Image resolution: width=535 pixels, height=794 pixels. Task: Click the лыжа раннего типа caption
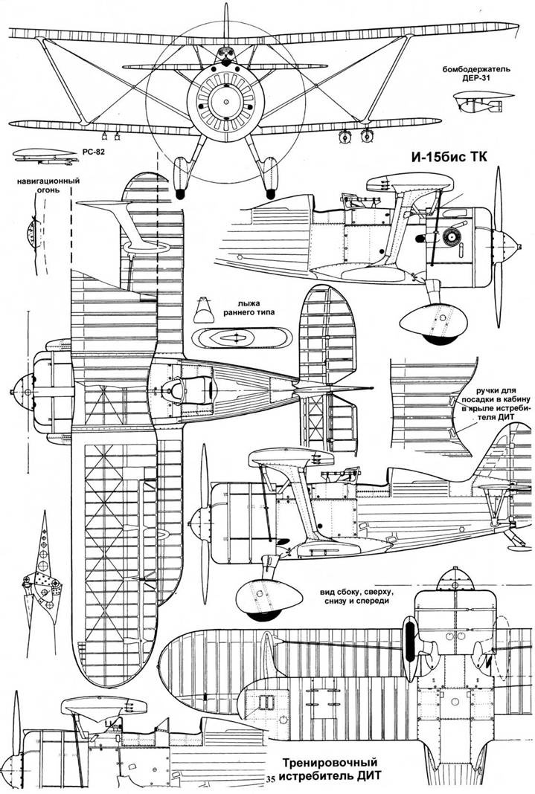pos(243,309)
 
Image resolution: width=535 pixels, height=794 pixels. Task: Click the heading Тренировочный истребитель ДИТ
pos(330,771)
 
